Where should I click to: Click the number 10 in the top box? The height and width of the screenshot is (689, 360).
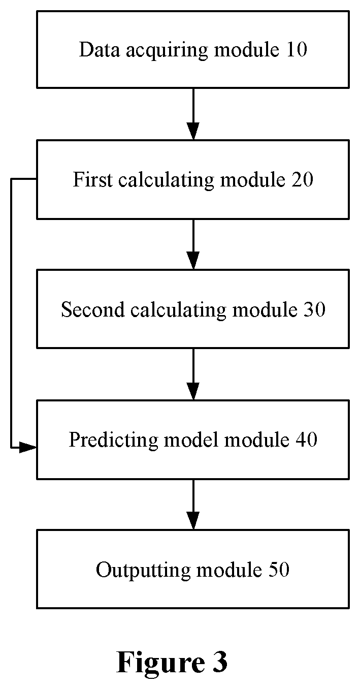(x=297, y=49)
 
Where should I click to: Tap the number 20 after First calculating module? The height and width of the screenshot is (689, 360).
(x=302, y=179)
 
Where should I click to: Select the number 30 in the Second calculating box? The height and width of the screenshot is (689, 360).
(x=314, y=309)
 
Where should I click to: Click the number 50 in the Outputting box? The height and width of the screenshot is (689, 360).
(x=279, y=570)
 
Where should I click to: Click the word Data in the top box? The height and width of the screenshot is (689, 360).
(x=99, y=49)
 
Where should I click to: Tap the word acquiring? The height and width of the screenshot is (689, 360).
(x=167, y=51)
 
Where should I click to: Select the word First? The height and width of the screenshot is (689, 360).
(x=92, y=179)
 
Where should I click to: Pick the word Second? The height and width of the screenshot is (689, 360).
(x=93, y=309)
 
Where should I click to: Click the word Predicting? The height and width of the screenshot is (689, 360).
(x=113, y=441)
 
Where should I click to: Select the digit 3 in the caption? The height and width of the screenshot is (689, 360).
(x=219, y=662)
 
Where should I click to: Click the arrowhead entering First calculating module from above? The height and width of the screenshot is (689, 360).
(x=193, y=131)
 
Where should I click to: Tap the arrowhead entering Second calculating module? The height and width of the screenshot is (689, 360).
(x=193, y=261)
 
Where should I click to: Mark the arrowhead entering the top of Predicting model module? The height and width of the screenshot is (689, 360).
(x=193, y=391)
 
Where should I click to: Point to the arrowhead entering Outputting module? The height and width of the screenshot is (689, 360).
(x=193, y=521)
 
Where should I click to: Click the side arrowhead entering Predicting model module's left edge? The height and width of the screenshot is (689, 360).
(x=28, y=448)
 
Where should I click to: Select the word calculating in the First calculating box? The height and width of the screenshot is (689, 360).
(x=166, y=181)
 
